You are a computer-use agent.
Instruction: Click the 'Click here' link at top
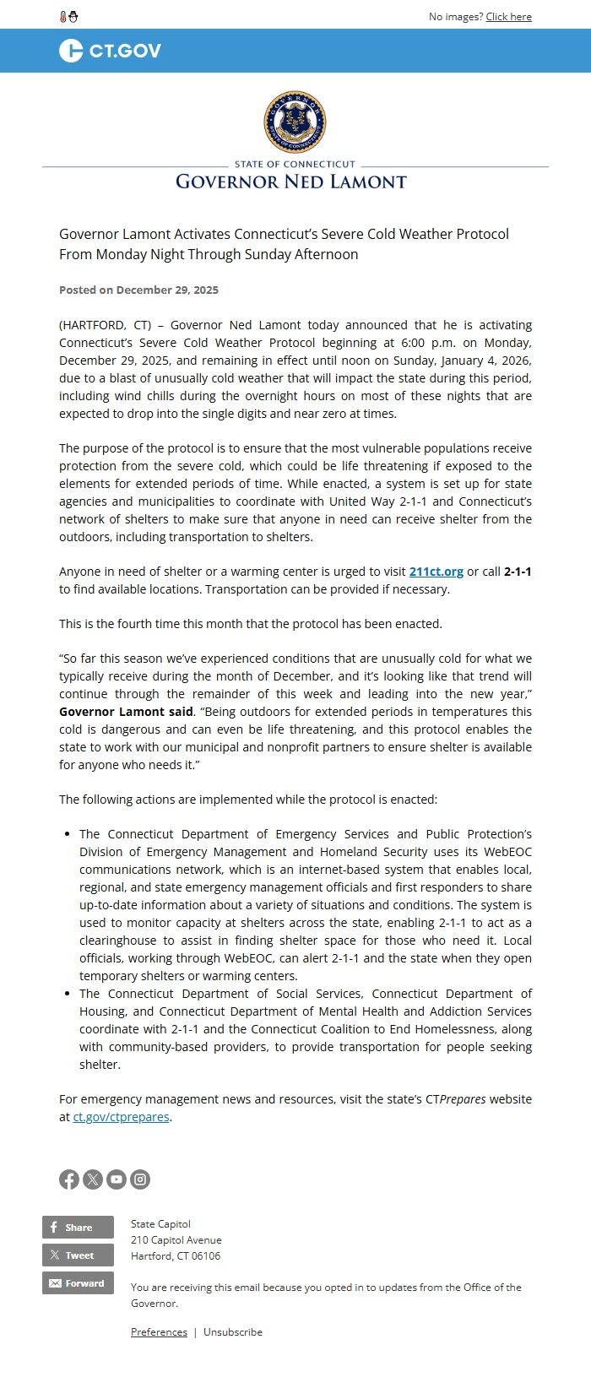[508, 17]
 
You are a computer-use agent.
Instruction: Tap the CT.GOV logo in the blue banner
[110, 51]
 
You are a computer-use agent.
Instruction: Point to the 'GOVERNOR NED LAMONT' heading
[291, 182]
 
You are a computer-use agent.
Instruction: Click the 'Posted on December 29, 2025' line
[138, 290]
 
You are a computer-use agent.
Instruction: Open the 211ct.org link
[436, 572]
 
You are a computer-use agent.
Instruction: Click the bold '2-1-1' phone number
[518, 572]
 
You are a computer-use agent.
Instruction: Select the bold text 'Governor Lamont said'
[126, 712]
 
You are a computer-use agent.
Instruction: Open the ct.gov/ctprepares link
[122, 1117]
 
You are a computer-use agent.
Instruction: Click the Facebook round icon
[69, 1179]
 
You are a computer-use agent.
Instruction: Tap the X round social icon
[93, 1179]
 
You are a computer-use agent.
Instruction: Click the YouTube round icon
[117, 1179]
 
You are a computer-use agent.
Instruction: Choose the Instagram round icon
[140, 1179]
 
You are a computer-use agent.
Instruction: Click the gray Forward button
[78, 1283]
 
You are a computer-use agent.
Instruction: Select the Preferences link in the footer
[159, 1332]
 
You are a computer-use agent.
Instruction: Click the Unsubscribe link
[233, 1332]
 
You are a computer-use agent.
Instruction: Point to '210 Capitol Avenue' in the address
[176, 1240]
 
